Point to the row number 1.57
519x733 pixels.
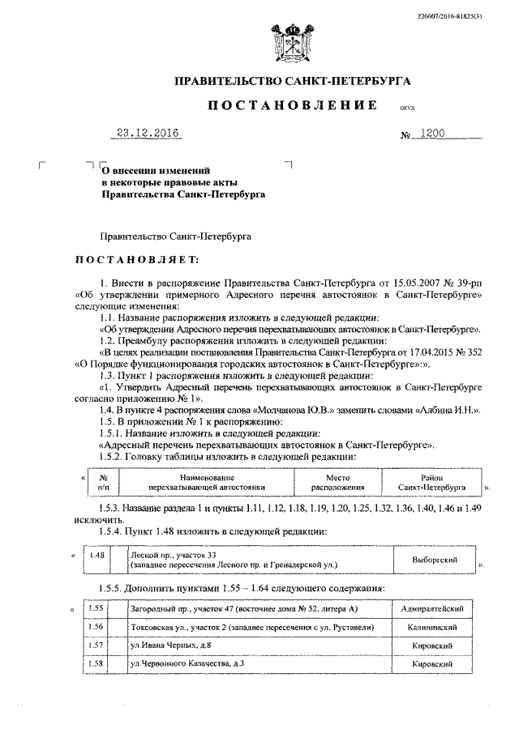click(97, 645)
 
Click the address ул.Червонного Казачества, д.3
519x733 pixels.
click(187, 664)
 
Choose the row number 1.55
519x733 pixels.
click(97, 607)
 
